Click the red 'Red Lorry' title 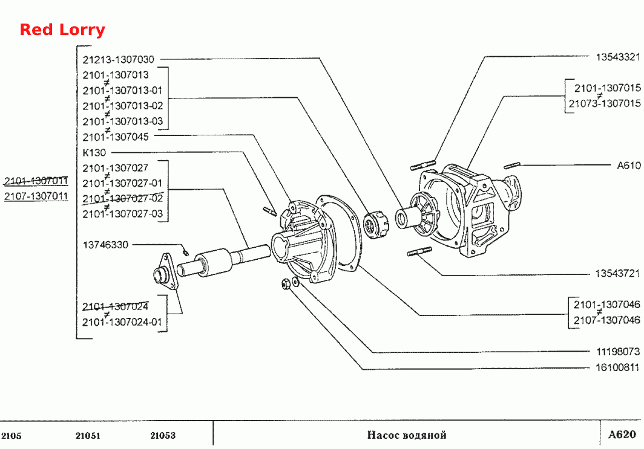62,30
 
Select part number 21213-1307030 118,59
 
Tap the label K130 94,152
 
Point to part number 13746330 105,245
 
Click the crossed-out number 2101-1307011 36,181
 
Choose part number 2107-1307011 36,196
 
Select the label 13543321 618,57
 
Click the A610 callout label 629,165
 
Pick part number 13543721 617,273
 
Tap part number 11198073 618,352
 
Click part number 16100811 618,367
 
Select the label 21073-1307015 605,103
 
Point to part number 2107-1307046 606,320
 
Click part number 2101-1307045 116,137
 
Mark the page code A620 622,434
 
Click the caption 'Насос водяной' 407,435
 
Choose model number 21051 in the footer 88,436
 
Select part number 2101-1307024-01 122,322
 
